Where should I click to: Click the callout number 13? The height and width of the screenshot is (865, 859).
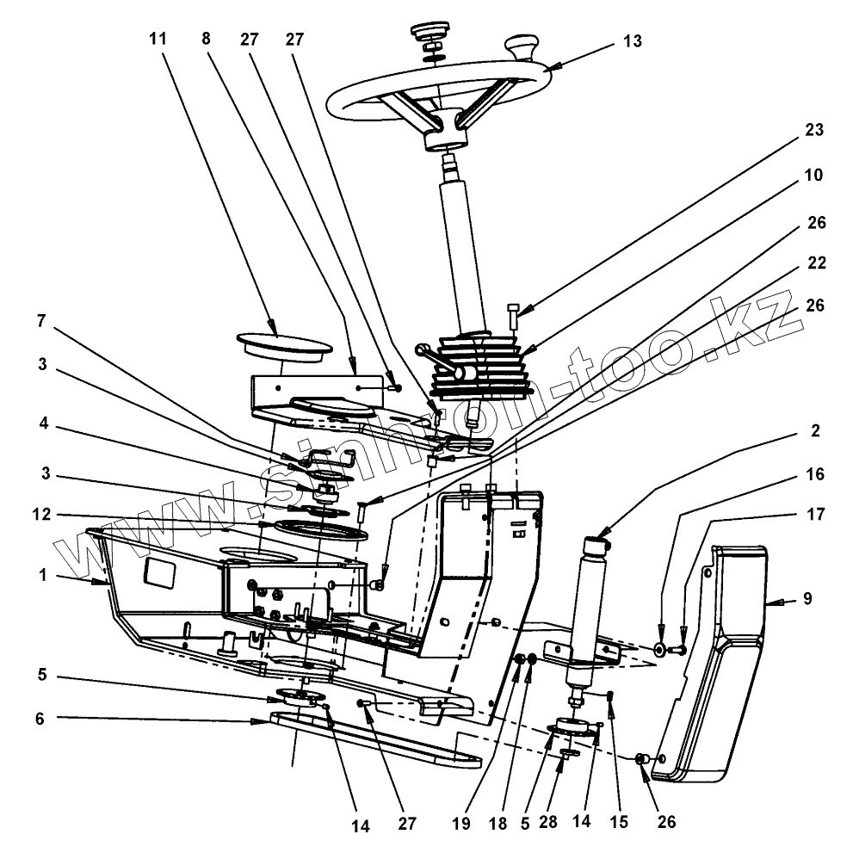click(x=633, y=42)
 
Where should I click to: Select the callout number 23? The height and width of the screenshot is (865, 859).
click(x=814, y=131)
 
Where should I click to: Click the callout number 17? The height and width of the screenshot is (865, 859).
click(x=814, y=516)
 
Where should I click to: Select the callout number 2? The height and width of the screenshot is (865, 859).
click(x=814, y=429)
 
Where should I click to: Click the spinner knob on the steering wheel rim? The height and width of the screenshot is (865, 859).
click(x=522, y=44)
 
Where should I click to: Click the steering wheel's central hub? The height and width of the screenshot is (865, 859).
click(x=444, y=130)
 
